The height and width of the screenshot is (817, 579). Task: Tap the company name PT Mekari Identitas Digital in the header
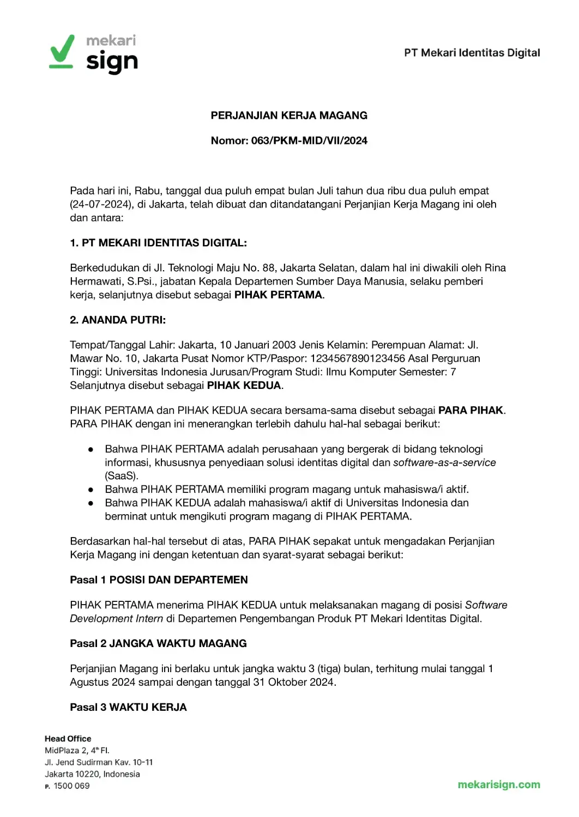[472, 53]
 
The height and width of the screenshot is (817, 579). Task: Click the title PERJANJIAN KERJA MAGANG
[289, 115]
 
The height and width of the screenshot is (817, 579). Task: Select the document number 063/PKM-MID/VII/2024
[309, 141]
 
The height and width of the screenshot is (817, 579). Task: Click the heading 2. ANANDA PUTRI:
[118, 320]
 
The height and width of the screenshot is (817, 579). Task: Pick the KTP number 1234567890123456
[358, 358]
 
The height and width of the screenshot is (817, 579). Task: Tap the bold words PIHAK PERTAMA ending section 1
[278, 295]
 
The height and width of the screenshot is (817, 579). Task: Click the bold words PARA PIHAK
[471, 410]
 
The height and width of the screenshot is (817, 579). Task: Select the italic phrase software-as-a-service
[444, 462]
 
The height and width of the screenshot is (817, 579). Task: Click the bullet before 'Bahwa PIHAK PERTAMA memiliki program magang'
[91, 490]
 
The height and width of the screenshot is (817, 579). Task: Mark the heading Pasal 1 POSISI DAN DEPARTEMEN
[159, 580]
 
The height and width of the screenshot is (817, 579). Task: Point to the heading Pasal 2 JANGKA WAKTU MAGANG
[158, 643]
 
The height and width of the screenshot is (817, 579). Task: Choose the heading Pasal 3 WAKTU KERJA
[128, 707]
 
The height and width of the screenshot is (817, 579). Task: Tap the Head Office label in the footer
[68, 739]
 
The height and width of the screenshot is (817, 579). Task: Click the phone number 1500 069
[71, 785]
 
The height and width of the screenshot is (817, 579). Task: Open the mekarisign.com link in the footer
[499, 784]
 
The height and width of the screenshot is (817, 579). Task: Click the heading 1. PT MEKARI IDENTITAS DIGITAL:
[158, 243]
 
